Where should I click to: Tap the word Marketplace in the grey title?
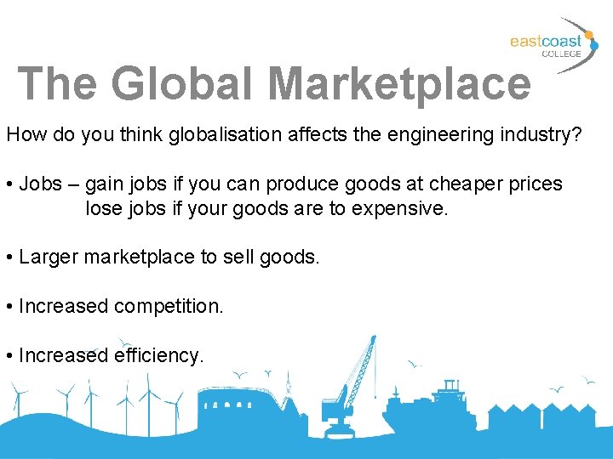click(399, 83)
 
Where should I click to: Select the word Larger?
click(49, 257)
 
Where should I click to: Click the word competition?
click(168, 306)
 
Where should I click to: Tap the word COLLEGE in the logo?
click(562, 54)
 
